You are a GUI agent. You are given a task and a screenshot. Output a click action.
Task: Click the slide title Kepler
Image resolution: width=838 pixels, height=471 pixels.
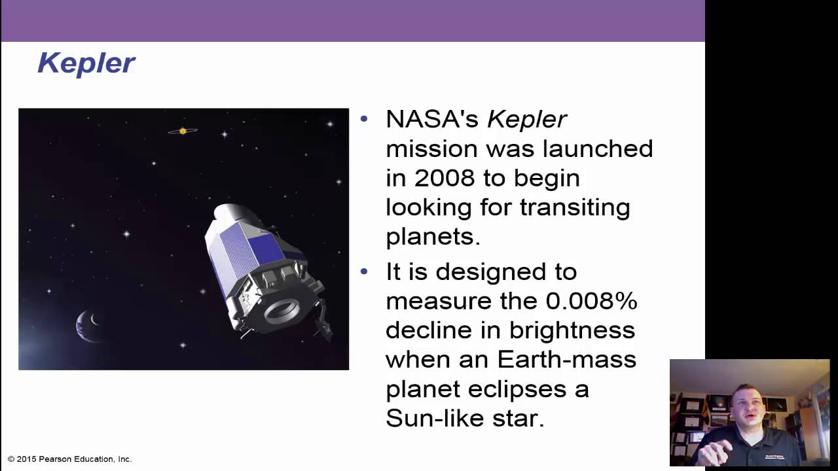point(86,63)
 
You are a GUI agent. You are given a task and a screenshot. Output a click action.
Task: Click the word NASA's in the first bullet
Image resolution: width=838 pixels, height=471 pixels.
point(432,120)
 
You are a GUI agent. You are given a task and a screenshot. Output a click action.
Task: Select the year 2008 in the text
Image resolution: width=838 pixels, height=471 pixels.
point(445,178)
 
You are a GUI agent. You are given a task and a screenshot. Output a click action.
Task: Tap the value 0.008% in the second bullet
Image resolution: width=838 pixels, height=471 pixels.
point(591,301)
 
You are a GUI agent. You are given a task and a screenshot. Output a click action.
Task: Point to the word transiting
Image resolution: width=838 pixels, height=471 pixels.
point(575,207)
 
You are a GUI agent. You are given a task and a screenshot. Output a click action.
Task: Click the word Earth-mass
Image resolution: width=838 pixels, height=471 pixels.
point(566,360)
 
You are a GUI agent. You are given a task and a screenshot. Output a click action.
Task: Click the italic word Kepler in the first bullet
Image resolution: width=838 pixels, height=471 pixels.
point(527,120)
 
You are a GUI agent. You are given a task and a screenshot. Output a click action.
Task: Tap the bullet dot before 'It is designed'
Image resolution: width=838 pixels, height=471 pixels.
point(365,271)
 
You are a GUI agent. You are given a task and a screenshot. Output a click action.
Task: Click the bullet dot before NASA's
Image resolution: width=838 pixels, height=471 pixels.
point(365,119)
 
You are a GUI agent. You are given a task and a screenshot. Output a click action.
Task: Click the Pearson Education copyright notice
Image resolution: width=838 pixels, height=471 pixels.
point(70,459)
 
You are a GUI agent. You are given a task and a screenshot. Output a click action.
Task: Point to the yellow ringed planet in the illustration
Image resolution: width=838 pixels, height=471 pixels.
point(183,131)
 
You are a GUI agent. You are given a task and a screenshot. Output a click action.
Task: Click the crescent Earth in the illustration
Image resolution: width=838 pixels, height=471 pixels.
point(89,324)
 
